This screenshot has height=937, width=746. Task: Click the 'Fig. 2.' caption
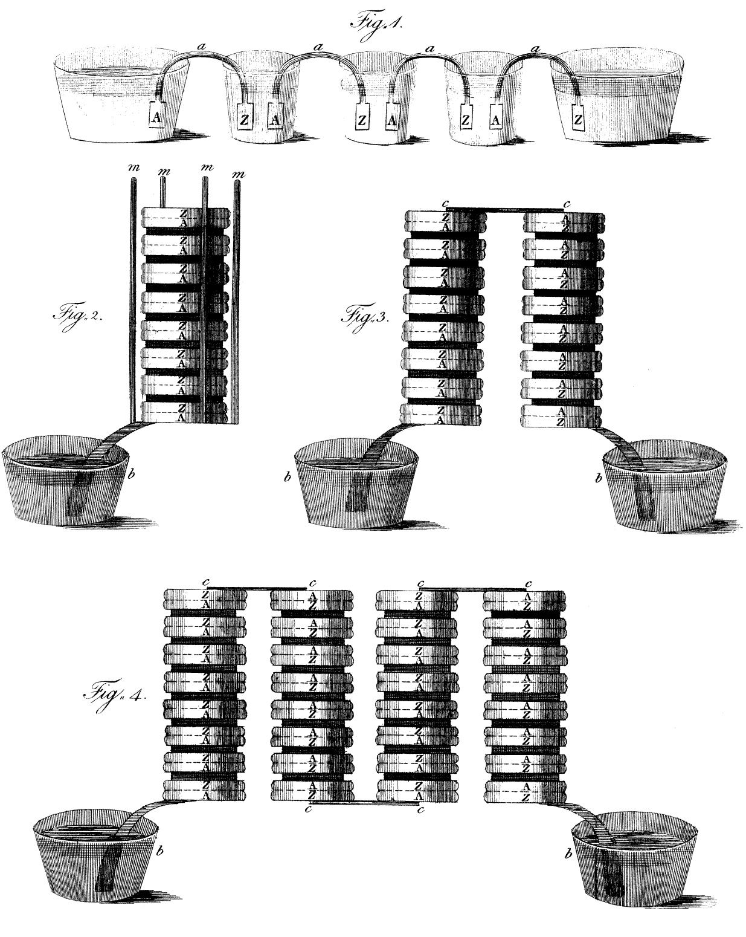pyautogui.click(x=76, y=316)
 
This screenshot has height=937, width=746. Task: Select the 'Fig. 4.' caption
pyautogui.click(x=114, y=692)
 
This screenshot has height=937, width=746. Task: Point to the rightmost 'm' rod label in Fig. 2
pyautogui.click(x=239, y=175)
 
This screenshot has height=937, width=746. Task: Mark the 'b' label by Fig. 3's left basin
pyautogui.click(x=288, y=478)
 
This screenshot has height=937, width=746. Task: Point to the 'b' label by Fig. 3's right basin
pyautogui.click(x=599, y=478)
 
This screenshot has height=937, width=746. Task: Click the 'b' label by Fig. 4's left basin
pyautogui.click(x=159, y=852)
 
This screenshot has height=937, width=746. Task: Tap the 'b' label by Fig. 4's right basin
pyautogui.click(x=568, y=855)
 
